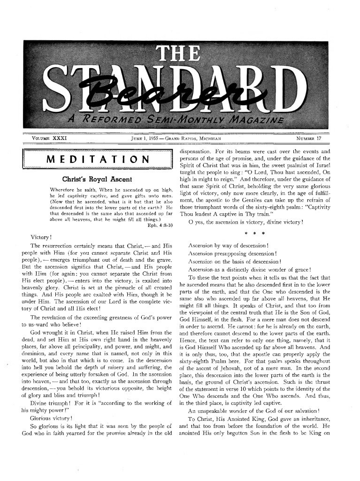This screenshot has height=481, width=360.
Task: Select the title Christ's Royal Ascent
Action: click(97, 179)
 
